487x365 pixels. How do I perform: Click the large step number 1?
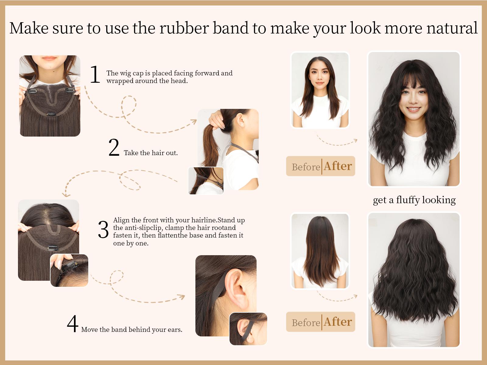(95, 74)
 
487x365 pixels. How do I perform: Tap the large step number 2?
(114, 148)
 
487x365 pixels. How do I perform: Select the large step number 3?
(103, 230)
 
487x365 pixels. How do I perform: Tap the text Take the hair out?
(151, 153)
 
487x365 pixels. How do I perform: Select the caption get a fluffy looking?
(414, 200)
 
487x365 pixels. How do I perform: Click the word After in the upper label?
(338, 166)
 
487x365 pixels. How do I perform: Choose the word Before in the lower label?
(306, 322)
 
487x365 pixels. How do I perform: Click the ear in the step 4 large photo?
(238, 289)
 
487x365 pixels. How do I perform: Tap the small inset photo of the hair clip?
(69, 270)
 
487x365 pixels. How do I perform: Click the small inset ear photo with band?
(248, 329)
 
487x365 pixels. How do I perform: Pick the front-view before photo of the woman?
(320, 90)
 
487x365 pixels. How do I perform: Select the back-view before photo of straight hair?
(320, 251)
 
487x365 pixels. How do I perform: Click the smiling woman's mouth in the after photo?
(414, 109)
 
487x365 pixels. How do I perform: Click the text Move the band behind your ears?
(132, 329)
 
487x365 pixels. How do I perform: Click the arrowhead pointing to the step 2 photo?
(194, 121)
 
